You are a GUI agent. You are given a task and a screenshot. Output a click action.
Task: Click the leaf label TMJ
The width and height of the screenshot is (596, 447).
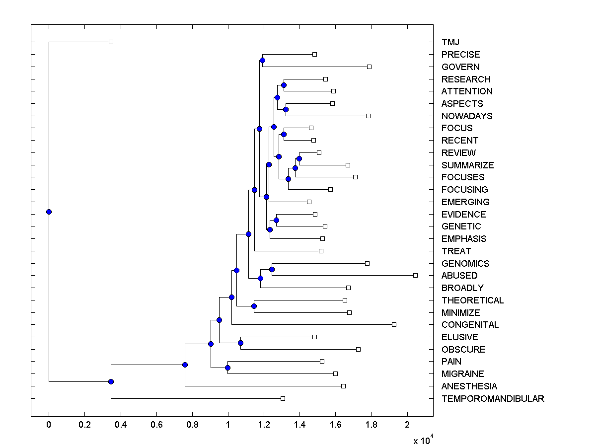[x=450, y=42]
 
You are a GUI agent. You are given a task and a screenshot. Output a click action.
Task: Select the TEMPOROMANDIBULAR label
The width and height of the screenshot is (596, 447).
[x=493, y=399]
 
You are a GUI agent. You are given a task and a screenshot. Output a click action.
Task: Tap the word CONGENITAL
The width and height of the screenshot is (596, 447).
[x=470, y=325]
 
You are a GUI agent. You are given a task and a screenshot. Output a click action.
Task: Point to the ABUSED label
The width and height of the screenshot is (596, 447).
[x=459, y=276]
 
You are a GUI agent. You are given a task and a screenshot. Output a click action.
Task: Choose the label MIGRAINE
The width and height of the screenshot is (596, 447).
[x=462, y=374]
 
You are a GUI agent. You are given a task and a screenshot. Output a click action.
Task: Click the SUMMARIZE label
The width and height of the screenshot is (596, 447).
[x=467, y=165]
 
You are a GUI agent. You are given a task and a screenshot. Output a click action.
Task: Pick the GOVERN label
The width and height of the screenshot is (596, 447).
[x=460, y=67]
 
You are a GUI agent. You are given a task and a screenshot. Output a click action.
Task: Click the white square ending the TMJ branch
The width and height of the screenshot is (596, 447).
[x=111, y=42]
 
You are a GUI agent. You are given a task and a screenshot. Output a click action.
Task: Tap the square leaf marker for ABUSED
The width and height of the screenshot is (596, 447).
[x=415, y=275]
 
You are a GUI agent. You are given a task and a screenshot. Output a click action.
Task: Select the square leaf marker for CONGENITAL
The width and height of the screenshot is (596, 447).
[x=394, y=324]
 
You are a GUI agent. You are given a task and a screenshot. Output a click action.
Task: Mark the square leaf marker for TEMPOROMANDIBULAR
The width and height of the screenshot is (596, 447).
[x=283, y=398]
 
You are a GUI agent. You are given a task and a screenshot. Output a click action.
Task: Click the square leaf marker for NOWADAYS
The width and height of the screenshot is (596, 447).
[x=368, y=116]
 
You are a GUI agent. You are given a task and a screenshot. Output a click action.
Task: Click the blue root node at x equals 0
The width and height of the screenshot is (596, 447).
[x=49, y=212]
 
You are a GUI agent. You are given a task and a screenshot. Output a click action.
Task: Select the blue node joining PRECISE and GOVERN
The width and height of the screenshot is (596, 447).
[x=262, y=61]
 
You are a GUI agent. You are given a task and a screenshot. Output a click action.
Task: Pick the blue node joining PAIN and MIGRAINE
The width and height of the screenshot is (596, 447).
[x=227, y=368]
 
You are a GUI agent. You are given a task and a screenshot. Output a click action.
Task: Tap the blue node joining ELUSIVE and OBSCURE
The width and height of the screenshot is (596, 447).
[x=240, y=343]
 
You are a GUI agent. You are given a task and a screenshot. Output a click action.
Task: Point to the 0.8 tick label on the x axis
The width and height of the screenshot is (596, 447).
[x=192, y=425]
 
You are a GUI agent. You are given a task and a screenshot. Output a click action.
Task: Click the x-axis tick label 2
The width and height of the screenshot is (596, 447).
[x=407, y=425]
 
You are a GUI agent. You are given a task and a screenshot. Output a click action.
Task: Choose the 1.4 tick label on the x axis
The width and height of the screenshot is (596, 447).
[x=299, y=425]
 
